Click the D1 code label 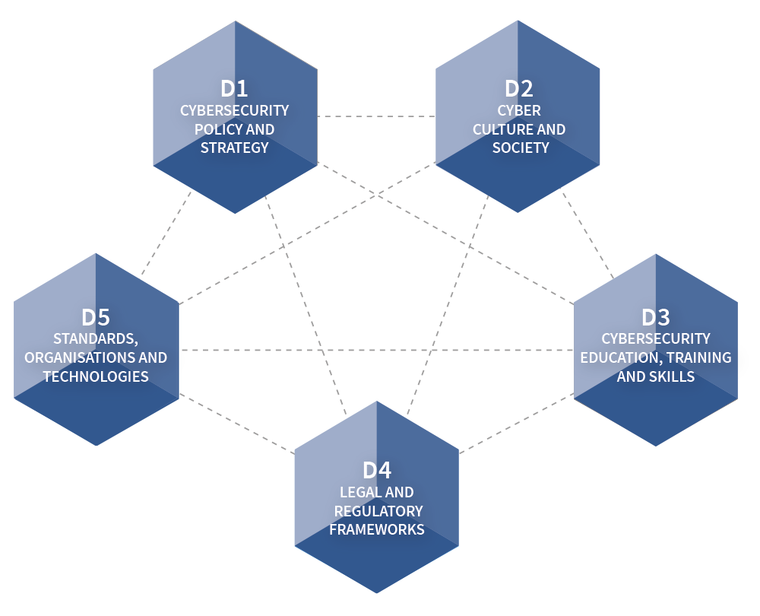(x=234, y=88)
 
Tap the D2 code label (x=519, y=88)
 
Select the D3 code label (x=656, y=317)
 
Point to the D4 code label (x=377, y=471)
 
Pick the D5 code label (x=96, y=317)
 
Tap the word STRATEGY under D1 (x=234, y=148)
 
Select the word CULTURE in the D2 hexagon (x=499, y=129)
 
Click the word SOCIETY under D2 (x=520, y=148)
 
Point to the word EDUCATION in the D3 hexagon (x=616, y=357)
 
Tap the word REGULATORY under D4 (x=378, y=510)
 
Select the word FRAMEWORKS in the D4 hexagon (x=377, y=529)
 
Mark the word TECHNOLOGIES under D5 (x=96, y=376)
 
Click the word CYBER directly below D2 (x=519, y=110)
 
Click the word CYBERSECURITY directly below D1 (x=234, y=110)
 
